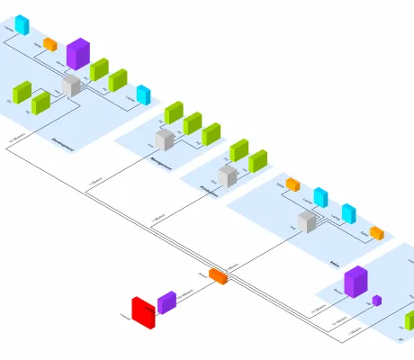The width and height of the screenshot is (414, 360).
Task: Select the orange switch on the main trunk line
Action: tap(219, 275)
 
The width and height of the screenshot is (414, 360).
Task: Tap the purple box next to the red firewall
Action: tap(167, 302)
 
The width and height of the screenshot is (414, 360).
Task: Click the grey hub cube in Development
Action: tap(71, 86)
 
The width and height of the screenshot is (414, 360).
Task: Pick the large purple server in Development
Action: tap(78, 53)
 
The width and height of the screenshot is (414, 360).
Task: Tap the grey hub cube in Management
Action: tap(164, 139)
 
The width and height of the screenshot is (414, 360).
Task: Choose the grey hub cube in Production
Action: tap(228, 175)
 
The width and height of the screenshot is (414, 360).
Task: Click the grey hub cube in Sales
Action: tap(309, 221)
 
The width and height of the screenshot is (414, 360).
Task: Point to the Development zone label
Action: tap(63, 140)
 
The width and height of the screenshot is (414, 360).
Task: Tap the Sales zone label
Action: tap(335, 263)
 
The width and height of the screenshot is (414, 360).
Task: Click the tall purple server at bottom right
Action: tap(356, 281)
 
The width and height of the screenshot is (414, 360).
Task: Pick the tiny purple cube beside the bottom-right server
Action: tap(378, 301)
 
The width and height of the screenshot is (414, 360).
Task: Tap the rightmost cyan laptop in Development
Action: tap(142, 94)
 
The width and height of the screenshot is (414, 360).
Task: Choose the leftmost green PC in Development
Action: tap(21, 91)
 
